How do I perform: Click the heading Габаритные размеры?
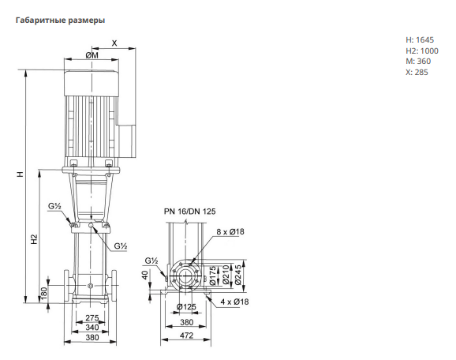60,21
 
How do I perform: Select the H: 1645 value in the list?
420,40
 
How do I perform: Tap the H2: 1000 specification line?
422,51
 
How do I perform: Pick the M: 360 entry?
418,62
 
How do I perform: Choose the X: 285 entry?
417,72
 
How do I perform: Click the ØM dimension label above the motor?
92,55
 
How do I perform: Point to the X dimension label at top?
114,43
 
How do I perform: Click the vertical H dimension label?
20,174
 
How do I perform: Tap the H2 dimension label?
34,239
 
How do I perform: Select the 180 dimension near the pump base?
43,294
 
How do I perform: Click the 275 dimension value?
92,317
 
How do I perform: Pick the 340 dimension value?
92,328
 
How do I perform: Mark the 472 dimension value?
186,336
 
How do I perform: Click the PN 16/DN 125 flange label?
189,212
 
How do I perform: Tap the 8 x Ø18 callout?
230,231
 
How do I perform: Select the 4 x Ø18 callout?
234,302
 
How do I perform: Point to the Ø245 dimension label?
238,275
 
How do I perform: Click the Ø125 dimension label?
186,307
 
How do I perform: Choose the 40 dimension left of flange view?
145,275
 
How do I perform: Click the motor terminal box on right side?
127,141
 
